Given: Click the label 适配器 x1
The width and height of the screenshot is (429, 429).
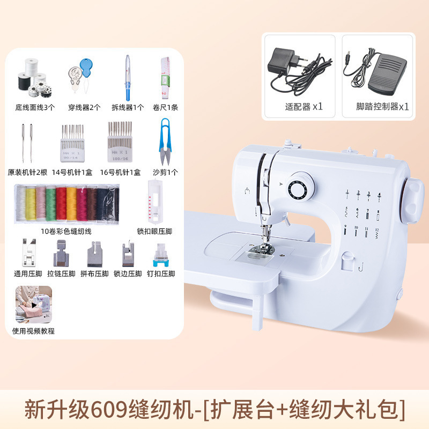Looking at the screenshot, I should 304,106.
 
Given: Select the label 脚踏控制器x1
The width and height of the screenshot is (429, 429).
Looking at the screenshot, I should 382,106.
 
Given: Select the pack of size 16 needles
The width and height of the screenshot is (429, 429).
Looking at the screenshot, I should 120,142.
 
